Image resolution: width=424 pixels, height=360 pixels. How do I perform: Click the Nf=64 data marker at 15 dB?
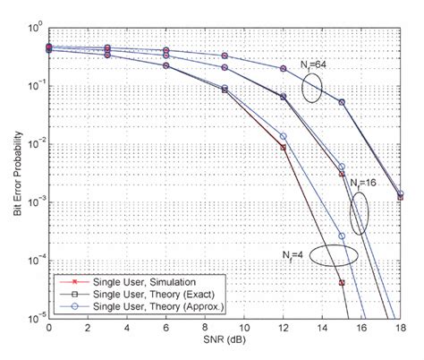pyautogui.click(x=342, y=102)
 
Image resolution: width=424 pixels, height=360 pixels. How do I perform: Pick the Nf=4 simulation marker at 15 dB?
pyautogui.click(x=342, y=282)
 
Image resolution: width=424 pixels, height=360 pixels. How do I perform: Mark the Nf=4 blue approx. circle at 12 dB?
pyautogui.click(x=284, y=136)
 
